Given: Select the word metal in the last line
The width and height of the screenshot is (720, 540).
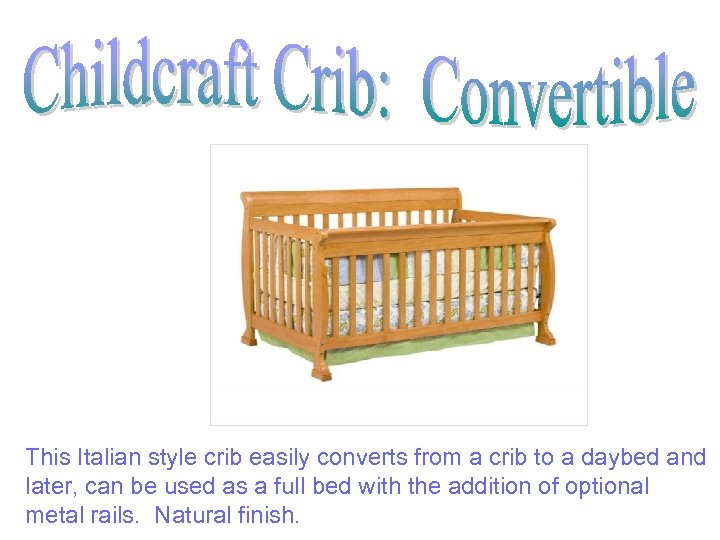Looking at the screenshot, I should tap(50, 516).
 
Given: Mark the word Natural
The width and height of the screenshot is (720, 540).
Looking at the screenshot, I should tap(191, 516).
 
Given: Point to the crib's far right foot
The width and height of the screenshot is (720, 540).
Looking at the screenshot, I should tap(545, 335).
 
